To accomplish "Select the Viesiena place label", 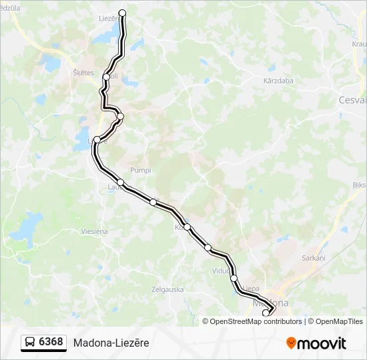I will [x=94, y=231].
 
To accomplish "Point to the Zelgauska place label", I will [x=167, y=289].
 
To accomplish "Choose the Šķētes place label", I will [x=83, y=73].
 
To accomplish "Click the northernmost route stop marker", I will [x=122, y=13].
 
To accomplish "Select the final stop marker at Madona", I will [x=266, y=313].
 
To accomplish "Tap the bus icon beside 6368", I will [x=31, y=343].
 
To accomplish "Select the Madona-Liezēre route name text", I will [x=111, y=343].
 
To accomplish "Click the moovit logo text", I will [x=322, y=343].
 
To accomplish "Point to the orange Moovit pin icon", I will [x=292, y=343].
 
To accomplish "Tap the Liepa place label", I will [x=251, y=289].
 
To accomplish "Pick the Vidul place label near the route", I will [x=220, y=271].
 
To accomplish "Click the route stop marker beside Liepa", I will [x=234, y=279].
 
